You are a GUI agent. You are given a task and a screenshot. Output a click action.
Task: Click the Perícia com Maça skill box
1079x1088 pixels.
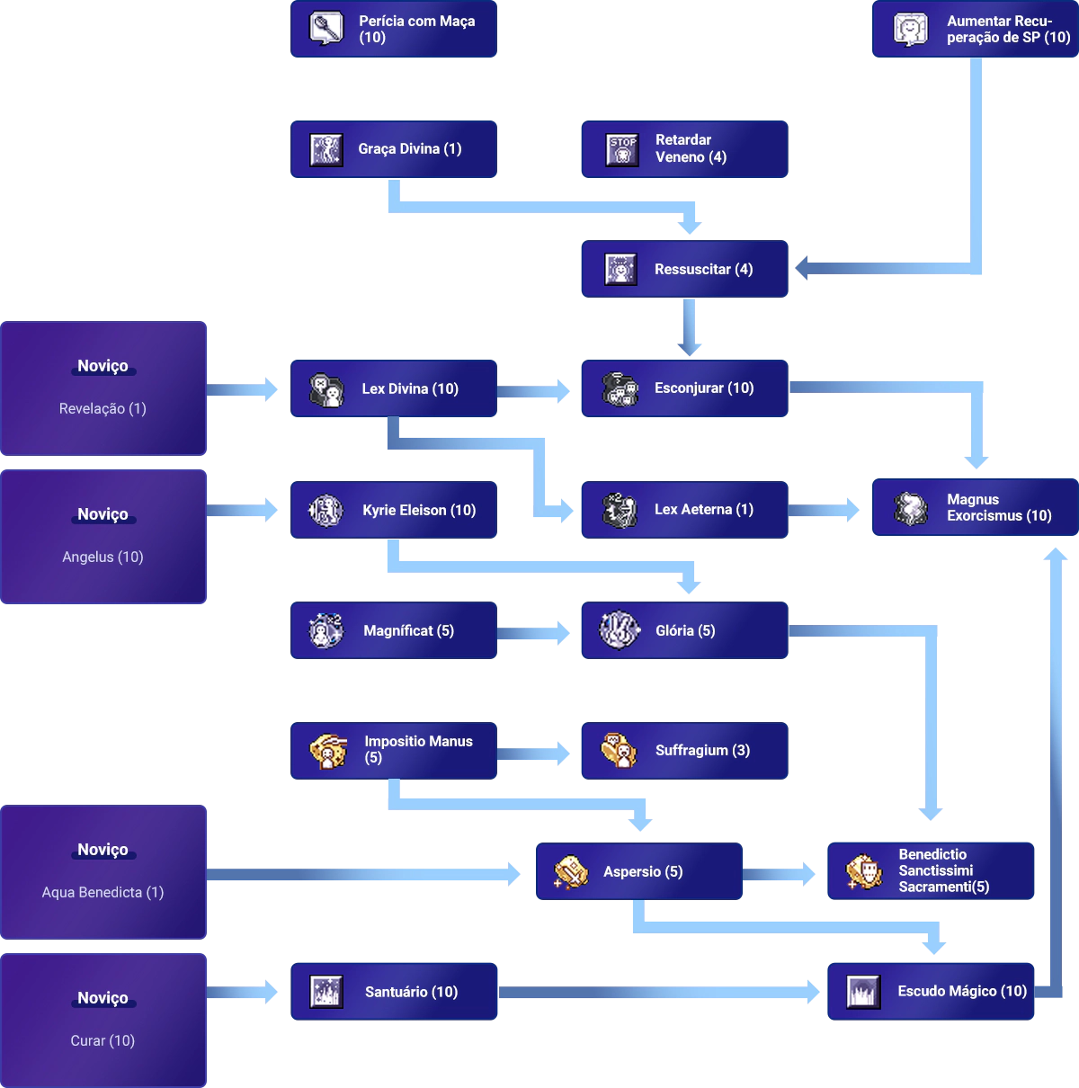pyautogui.click(x=395, y=29)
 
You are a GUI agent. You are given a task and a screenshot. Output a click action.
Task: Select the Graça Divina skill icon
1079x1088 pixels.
pyautogui.click(x=325, y=149)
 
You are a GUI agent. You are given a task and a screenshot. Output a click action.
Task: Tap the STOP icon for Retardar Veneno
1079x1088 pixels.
pyautogui.click(x=621, y=149)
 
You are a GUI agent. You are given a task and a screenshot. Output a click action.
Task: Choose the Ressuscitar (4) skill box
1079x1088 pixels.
pyautogui.click(x=683, y=269)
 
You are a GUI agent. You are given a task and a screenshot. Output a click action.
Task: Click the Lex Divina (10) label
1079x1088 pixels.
pyautogui.click(x=410, y=388)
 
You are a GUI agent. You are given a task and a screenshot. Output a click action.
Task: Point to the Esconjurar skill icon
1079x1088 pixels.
pyautogui.click(x=620, y=388)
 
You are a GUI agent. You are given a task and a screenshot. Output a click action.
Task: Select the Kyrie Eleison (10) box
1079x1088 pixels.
pyautogui.click(x=395, y=510)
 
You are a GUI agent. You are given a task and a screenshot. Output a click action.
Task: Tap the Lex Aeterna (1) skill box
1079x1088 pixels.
pyautogui.click(x=683, y=510)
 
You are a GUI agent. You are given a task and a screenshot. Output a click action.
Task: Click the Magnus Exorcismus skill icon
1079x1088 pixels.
pyautogui.click(x=911, y=508)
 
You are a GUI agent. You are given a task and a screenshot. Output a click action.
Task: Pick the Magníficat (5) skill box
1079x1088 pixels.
pyautogui.click(x=395, y=630)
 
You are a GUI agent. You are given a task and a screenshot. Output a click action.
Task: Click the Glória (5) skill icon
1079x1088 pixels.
pyautogui.click(x=620, y=629)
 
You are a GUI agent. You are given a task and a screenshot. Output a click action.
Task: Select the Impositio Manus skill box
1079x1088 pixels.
pyautogui.click(x=395, y=751)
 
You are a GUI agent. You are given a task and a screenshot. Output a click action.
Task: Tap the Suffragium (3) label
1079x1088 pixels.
pyautogui.click(x=702, y=750)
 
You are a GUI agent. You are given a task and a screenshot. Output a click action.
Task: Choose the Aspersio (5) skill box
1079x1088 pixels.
pyautogui.click(x=639, y=871)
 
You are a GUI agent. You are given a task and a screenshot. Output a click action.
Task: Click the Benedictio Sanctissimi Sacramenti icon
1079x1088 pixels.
pyautogui.click(x=864, y=871)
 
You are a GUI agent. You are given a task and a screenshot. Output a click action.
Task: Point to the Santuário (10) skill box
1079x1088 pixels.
pyautogui.click(x=395, y=991)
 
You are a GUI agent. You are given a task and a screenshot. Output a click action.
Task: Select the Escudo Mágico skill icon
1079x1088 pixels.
pyautogui.click(x=863, y=992)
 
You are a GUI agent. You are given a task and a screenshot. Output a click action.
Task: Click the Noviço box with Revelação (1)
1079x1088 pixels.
pyautogui.click(x=103, y=388)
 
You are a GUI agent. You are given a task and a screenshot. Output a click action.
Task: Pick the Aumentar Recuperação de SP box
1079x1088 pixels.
pyautogui.click(x=975, y=29)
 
